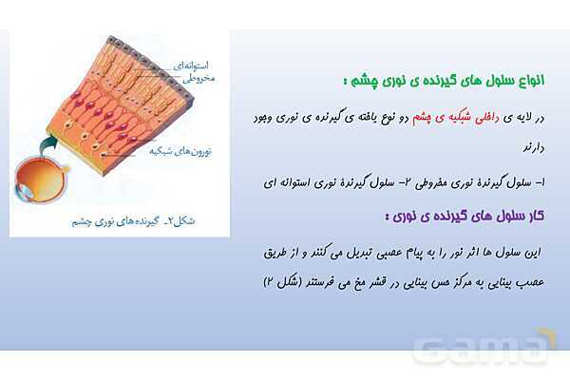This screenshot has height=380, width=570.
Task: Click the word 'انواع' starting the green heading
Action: point(538,82)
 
